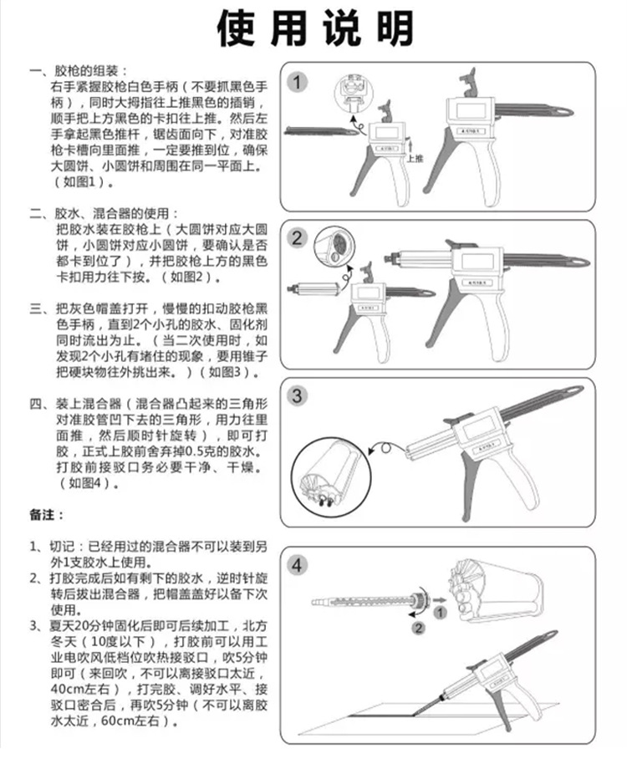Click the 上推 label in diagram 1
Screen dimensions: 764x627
pyautogui.click(x=415, y=156)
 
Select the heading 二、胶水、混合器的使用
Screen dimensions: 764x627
pyautogui.click(x=104, y=212)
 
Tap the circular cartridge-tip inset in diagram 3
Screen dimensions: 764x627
pyautogui.click(x=333, y=473)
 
